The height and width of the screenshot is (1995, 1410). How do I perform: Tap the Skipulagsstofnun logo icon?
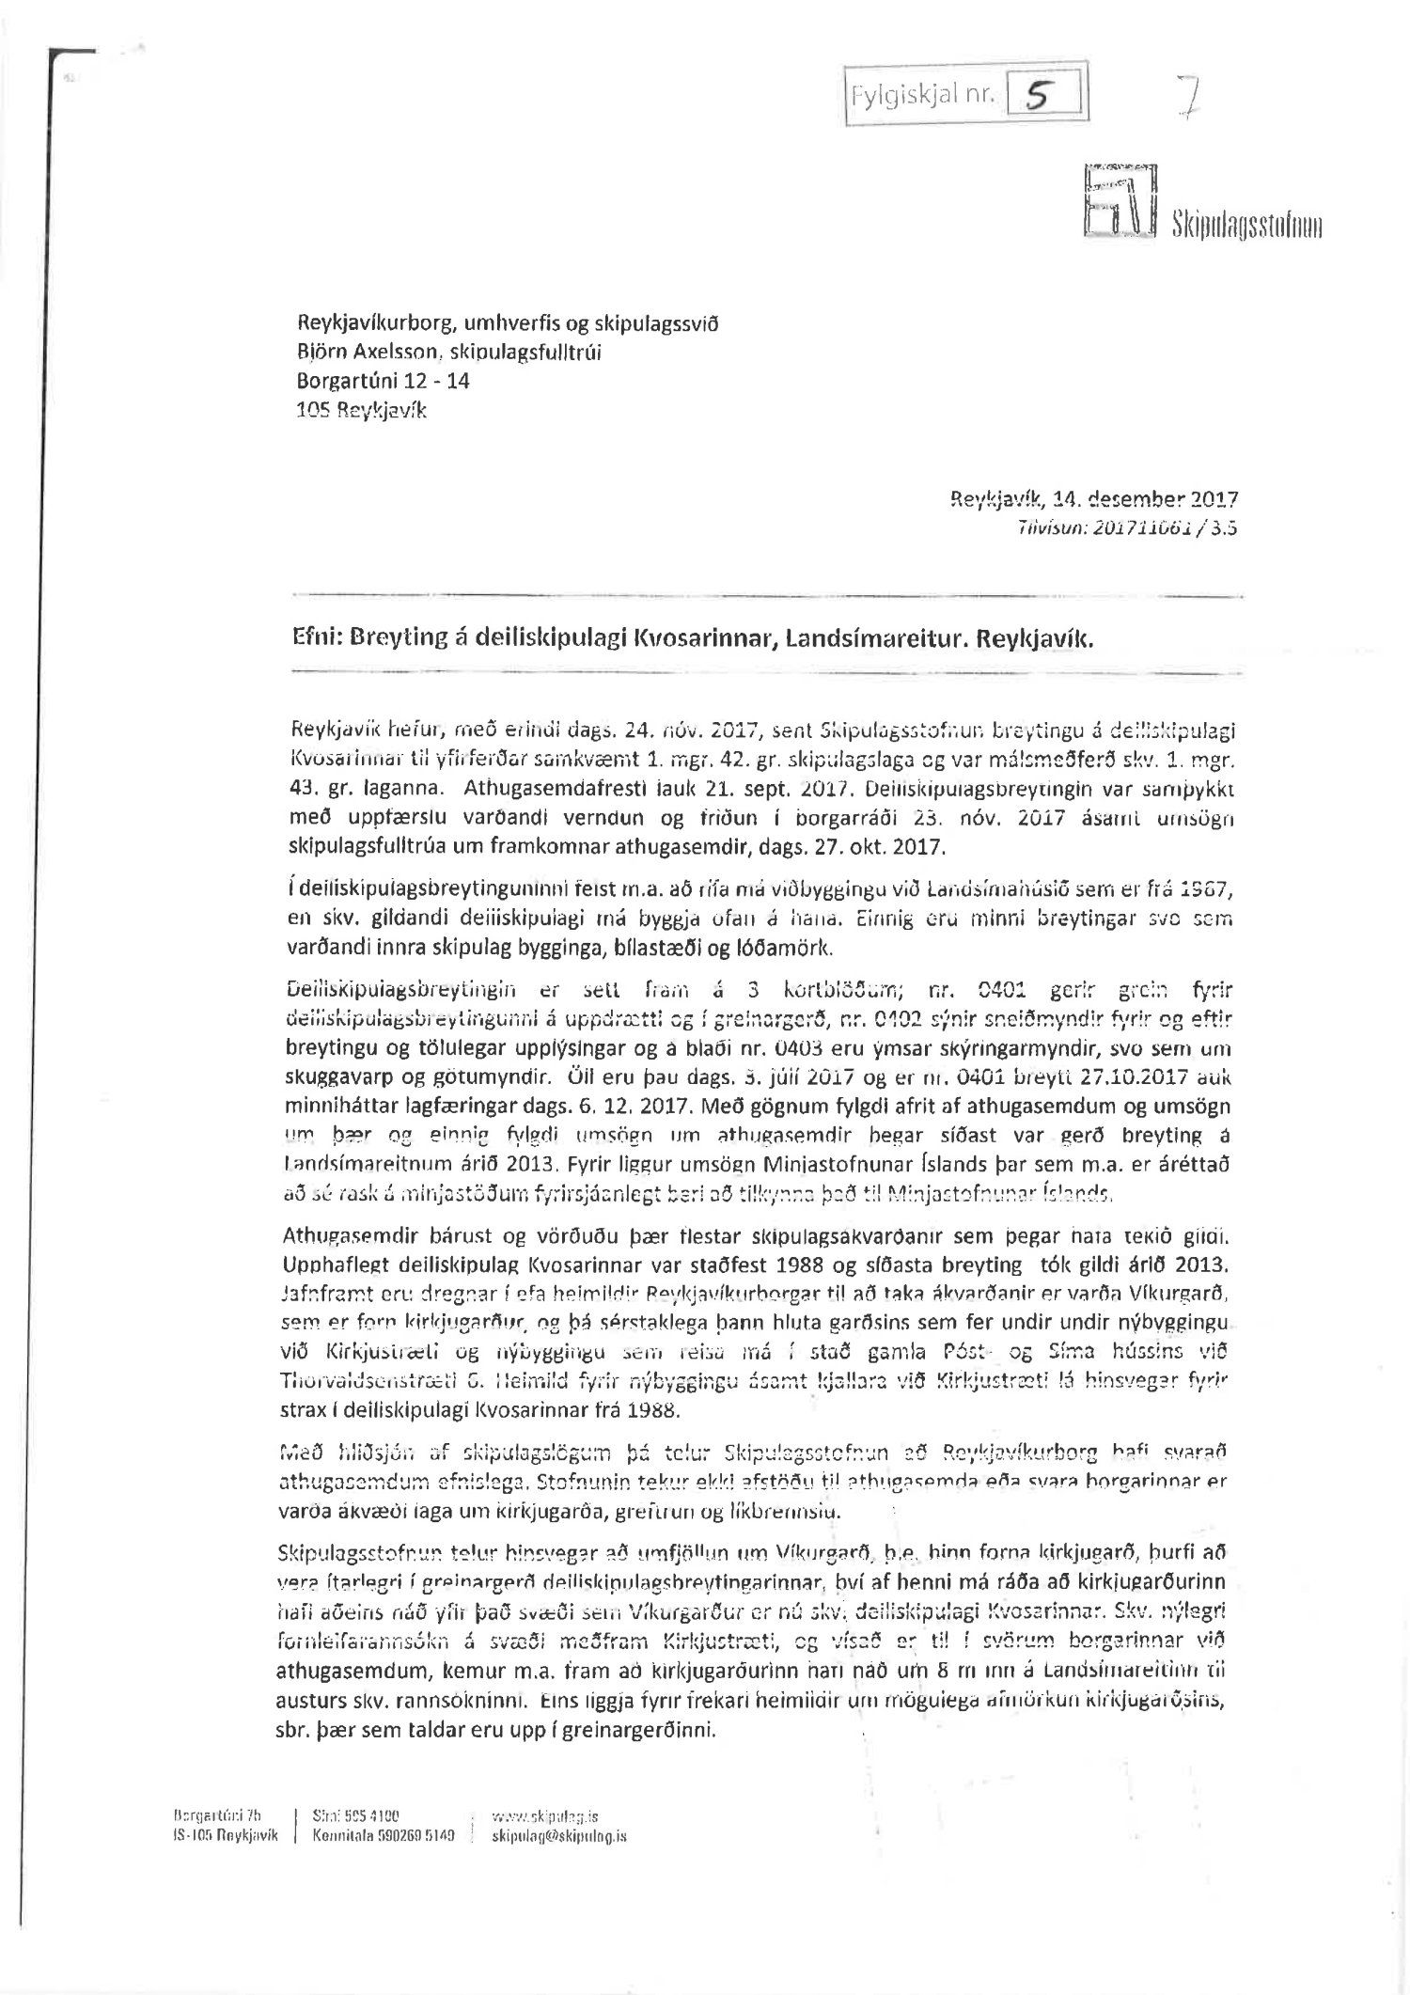(x=1120, y=199)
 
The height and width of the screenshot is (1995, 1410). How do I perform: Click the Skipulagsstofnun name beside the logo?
(x=1245, y=227)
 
